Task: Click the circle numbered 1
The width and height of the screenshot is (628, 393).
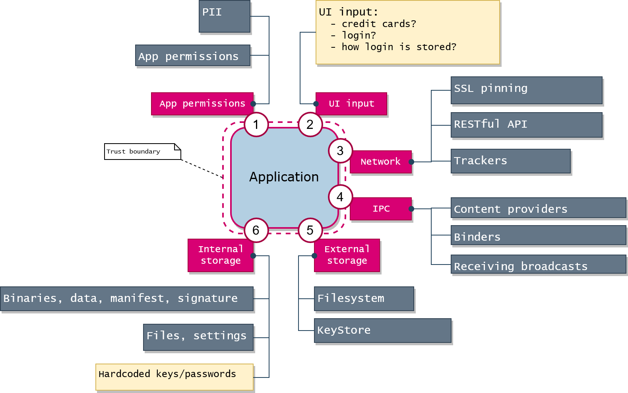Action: [256, 125]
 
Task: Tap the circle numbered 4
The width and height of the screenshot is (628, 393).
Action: [340, 197]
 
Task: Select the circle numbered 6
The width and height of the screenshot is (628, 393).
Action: [256, 230]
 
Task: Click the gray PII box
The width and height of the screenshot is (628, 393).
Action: [225, 16]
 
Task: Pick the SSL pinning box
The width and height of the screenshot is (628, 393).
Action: [526, 90]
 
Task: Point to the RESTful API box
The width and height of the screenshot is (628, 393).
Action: [526, 125]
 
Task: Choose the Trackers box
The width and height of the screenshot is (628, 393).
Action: [510, 161]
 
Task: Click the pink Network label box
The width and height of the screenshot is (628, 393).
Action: [380, 162]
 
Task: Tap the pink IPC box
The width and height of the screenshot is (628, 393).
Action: [381, 209]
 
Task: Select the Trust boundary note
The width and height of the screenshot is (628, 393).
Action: [142, 152]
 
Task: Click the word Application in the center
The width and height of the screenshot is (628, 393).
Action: [284, 177]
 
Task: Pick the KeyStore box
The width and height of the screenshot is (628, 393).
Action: [382, 331]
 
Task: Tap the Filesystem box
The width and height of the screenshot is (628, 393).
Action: [364, 299]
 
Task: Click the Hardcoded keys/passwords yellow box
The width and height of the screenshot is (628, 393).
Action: [174, 377]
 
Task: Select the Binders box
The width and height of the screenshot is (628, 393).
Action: [538, 235]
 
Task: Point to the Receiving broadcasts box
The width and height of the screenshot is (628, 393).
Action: [538, 265]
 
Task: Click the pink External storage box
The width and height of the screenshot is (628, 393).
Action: [347, 255]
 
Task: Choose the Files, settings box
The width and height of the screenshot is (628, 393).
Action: [198, 337]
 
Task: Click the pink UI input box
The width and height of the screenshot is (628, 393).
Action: [351, 104]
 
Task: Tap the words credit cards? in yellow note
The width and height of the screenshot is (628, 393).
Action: [379, 24]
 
